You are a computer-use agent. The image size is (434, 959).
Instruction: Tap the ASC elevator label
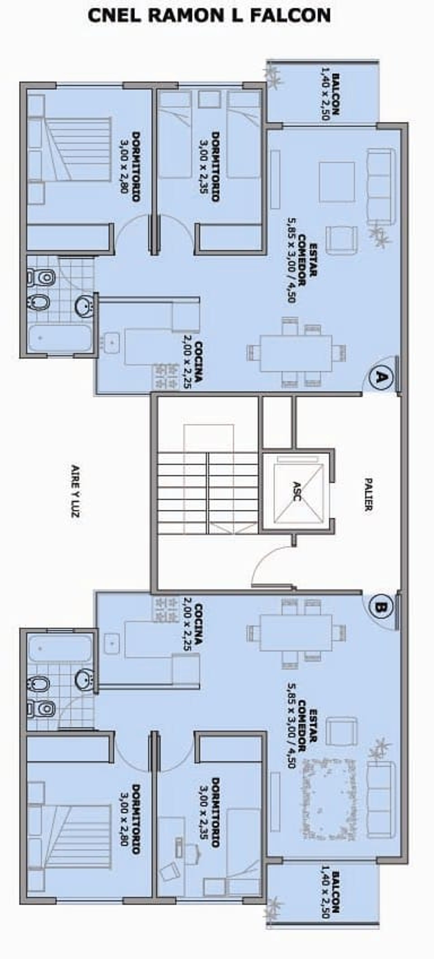(x=297, y=491)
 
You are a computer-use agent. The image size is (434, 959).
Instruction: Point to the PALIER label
(x=368, y=494)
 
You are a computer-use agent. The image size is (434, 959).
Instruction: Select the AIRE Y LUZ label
(x=75, y=491)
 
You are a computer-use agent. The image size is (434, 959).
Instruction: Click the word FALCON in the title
(x=290, y=16)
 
